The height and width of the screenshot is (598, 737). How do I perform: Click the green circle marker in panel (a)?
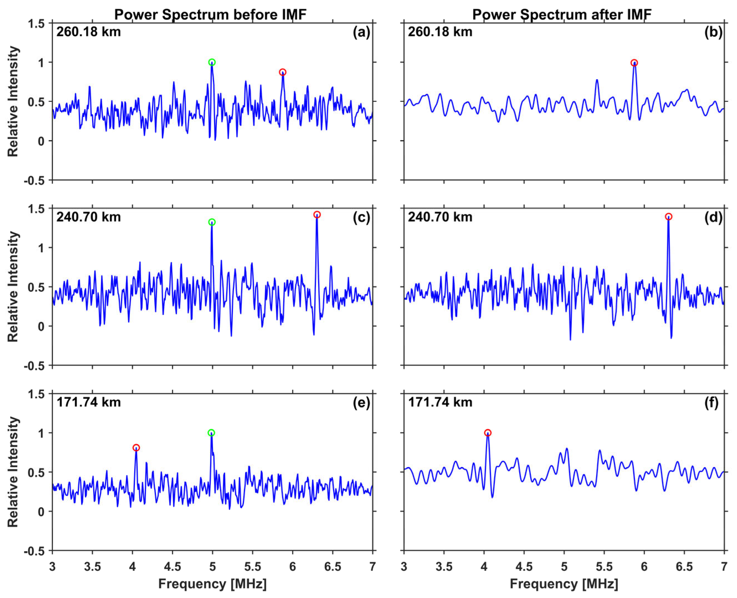pos(212,62)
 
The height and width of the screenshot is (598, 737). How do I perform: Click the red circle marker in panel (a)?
pos(282,72)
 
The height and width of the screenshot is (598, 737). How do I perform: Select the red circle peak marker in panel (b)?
pos(634,63)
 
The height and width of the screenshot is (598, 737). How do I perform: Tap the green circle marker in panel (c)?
pos(212,222)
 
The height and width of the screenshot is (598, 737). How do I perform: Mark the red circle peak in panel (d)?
pos(668,217)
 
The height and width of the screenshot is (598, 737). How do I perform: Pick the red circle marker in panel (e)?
pos(136,448)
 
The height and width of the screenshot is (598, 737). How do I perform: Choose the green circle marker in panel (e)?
pos(212,433)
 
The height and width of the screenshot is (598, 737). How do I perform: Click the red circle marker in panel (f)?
pos(488,433)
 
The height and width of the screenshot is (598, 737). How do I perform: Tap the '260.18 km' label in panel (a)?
pos(89,32)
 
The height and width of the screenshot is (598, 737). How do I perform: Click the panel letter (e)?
pos(361,402)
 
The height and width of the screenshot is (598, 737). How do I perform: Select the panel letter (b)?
pos(713,32)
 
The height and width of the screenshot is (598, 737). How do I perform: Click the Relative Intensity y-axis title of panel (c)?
pos(13,287)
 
